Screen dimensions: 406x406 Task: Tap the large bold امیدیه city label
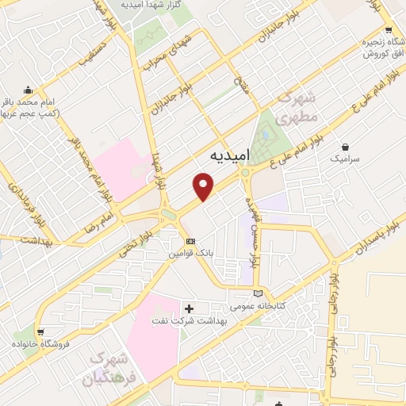(229, 156)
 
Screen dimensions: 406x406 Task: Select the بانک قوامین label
(189, 255)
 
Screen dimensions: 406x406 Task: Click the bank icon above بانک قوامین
(190, 241)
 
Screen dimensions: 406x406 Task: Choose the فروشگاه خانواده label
(40, 344)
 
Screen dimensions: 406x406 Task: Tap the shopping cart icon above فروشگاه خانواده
(40, 331)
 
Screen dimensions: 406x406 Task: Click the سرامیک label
(346, 159)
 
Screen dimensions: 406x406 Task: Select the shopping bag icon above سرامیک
(347, 146)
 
